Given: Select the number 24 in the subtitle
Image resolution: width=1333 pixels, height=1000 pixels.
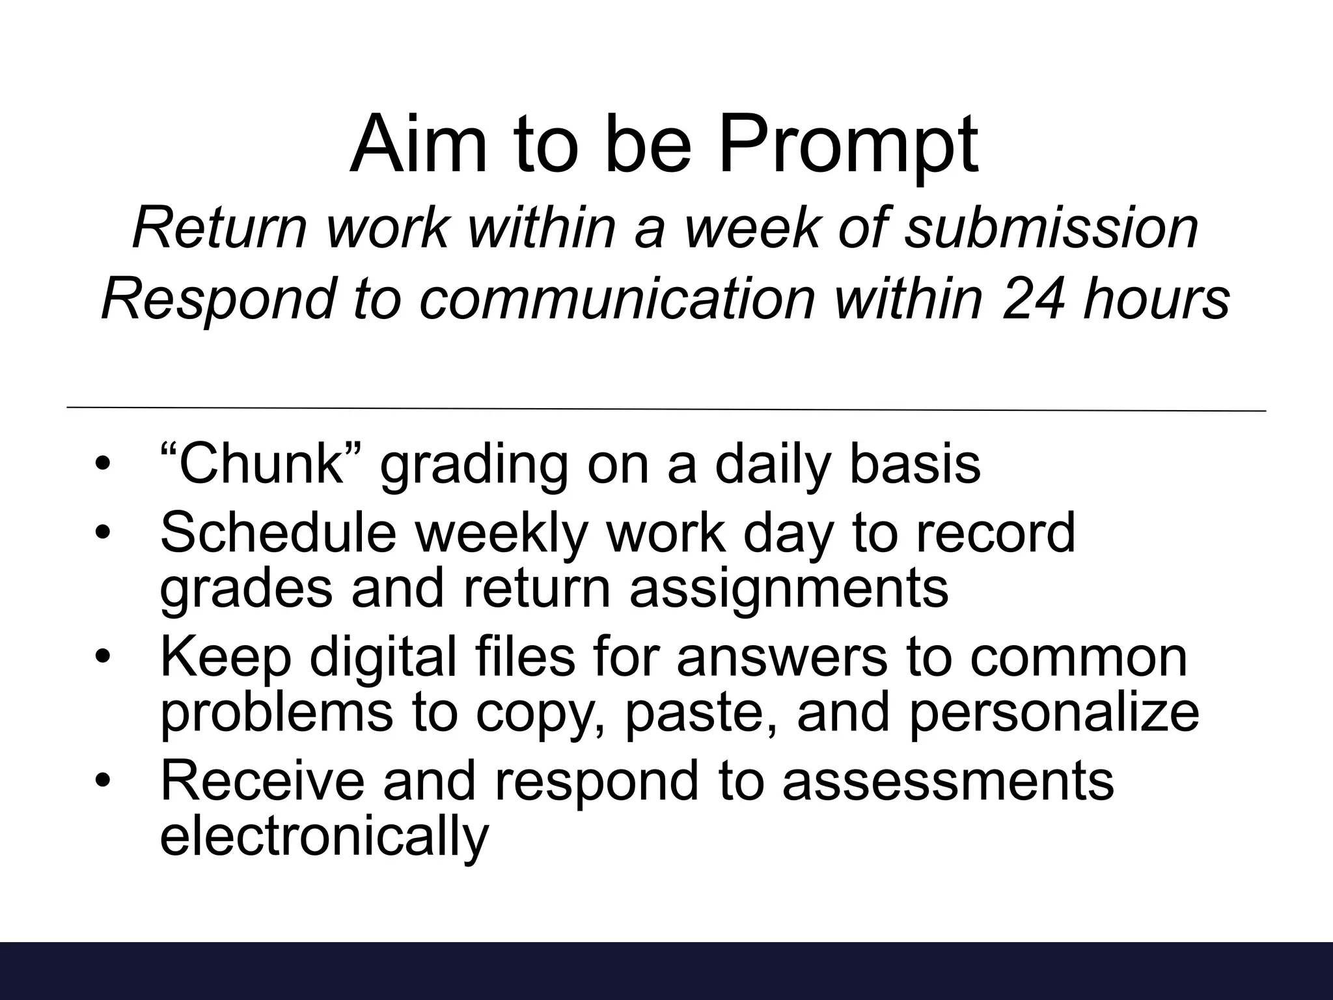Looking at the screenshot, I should [x=1034, y=299].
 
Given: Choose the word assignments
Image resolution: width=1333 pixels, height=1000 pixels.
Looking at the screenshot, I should [x=789, y=589].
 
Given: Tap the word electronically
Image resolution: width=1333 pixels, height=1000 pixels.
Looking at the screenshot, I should [x=323, y=836].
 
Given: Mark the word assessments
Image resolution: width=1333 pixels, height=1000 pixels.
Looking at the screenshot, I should [x=948, y=781].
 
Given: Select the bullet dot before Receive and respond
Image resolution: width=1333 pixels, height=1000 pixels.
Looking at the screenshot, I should [x=103, y=781].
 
